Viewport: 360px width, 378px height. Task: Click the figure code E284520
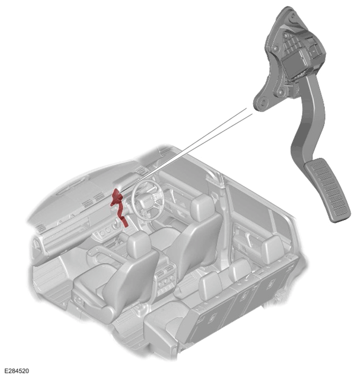[x=16, y=371]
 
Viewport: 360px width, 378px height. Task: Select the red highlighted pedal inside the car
[x=118, y=205]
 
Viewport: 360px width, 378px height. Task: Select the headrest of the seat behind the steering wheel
[x=202, y=208]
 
